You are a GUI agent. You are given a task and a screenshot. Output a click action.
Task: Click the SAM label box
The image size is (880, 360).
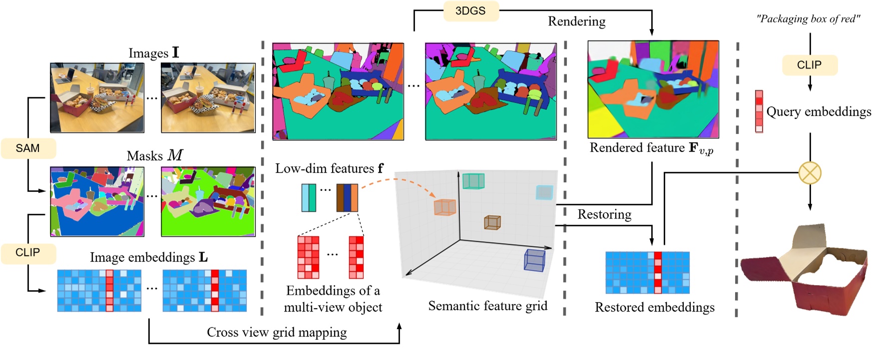27,148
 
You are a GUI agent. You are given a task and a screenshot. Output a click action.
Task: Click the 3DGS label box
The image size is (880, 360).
470,11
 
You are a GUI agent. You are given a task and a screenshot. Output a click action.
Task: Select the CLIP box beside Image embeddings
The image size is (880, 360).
27,253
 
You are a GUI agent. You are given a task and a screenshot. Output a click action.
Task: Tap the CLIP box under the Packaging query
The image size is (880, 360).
809,65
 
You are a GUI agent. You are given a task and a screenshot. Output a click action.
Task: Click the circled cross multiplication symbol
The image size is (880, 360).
810,173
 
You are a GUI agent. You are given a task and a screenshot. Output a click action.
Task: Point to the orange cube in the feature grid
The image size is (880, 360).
444,207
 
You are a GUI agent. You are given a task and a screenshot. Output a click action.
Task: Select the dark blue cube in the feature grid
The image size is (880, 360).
534,260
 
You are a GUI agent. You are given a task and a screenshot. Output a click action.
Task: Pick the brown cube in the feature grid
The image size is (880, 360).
492,222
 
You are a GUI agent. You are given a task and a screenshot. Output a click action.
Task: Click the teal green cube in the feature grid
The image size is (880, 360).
473,181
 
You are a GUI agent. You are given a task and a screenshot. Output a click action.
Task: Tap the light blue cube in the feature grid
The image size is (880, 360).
544,192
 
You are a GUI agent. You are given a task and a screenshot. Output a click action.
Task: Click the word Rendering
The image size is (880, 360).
576,21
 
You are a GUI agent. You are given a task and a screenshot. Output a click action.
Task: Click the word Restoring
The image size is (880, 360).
604,215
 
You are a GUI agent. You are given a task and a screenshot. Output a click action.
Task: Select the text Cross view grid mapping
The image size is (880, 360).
277,333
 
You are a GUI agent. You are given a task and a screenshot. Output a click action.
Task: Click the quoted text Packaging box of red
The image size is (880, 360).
808,19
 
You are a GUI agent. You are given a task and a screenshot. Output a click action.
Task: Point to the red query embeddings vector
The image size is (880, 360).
759,111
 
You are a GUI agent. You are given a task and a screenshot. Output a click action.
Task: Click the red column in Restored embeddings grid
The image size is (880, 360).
657,273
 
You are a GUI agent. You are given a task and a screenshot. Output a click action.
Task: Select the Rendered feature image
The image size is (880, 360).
653,89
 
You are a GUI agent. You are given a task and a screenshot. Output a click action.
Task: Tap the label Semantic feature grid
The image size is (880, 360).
487,306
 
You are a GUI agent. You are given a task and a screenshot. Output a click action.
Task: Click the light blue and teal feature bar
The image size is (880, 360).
309,198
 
